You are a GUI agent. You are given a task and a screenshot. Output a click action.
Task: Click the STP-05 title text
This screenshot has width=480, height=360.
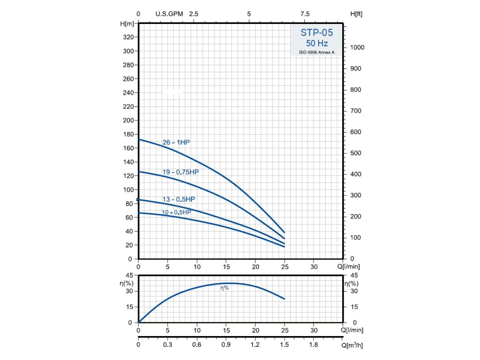317,33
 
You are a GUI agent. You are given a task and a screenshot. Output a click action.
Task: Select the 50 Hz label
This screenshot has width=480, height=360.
317,43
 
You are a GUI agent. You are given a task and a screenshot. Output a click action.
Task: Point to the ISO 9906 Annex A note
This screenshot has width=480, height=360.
317,52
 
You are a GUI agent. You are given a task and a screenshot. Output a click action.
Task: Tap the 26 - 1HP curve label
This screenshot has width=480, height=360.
176,142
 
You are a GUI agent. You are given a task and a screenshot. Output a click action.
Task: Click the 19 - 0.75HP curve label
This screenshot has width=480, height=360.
180,172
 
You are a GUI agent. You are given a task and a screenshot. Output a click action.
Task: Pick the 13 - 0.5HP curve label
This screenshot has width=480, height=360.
179,199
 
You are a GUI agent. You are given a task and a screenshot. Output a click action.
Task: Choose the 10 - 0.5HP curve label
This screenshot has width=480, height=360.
177,212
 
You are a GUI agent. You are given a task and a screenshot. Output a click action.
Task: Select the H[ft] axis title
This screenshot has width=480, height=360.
356,14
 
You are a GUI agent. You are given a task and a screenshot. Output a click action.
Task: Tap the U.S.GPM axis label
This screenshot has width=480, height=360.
169,14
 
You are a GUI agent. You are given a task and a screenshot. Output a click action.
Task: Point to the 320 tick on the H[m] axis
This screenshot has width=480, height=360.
128,37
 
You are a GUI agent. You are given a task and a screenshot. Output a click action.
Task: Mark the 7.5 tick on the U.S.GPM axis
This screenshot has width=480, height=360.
305,14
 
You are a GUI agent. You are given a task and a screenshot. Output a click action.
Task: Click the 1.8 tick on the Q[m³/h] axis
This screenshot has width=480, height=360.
314,345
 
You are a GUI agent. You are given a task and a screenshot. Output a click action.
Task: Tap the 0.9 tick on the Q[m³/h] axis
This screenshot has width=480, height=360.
226,345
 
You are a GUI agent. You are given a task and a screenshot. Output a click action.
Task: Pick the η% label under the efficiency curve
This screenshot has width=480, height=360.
225,288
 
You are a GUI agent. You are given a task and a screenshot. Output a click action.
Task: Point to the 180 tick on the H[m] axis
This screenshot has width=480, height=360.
128,134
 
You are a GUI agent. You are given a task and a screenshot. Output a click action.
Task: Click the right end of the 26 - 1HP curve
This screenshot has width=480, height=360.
284,232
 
